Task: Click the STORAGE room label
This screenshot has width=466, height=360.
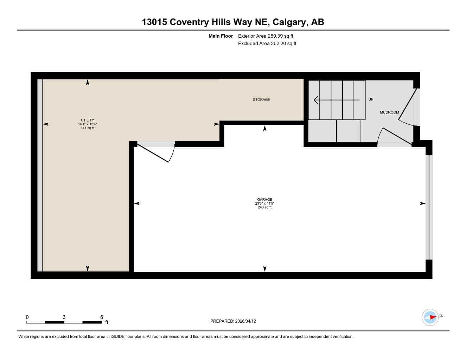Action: tap(261, 99)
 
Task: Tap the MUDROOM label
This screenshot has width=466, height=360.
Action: tap(389, 112)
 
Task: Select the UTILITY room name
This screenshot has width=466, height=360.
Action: tap(88, 120)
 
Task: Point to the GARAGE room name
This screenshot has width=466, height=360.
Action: tap(264, 199)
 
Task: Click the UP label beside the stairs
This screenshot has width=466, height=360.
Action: tap(371, 99)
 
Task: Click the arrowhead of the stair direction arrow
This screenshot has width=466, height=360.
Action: tap(316, 100)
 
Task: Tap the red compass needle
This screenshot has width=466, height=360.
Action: tap(433, 317)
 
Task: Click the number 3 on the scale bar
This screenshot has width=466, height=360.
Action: tap(64, 317)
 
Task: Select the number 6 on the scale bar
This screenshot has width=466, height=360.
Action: tap(102, 317)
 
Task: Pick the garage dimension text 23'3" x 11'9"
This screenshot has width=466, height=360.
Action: tap(264, 204)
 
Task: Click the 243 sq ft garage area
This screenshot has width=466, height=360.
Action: tap(264, 207)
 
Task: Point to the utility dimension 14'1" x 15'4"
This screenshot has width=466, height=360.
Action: tap(88, 124)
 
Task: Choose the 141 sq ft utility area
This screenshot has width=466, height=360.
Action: tap(88, 128)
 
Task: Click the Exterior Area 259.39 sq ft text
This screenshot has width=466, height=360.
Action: tap(266, 36)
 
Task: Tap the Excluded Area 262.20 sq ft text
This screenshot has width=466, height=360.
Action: tap(267, 44)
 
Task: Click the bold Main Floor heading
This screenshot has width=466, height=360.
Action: tap(221, 36)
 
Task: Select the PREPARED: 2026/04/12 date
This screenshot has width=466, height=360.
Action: tap(233, 321)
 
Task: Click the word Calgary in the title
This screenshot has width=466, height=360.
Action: tap(289, 22)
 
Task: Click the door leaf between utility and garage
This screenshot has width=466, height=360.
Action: tap(153, 153)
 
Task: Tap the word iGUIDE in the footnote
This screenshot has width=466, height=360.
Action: tap(117, 337)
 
